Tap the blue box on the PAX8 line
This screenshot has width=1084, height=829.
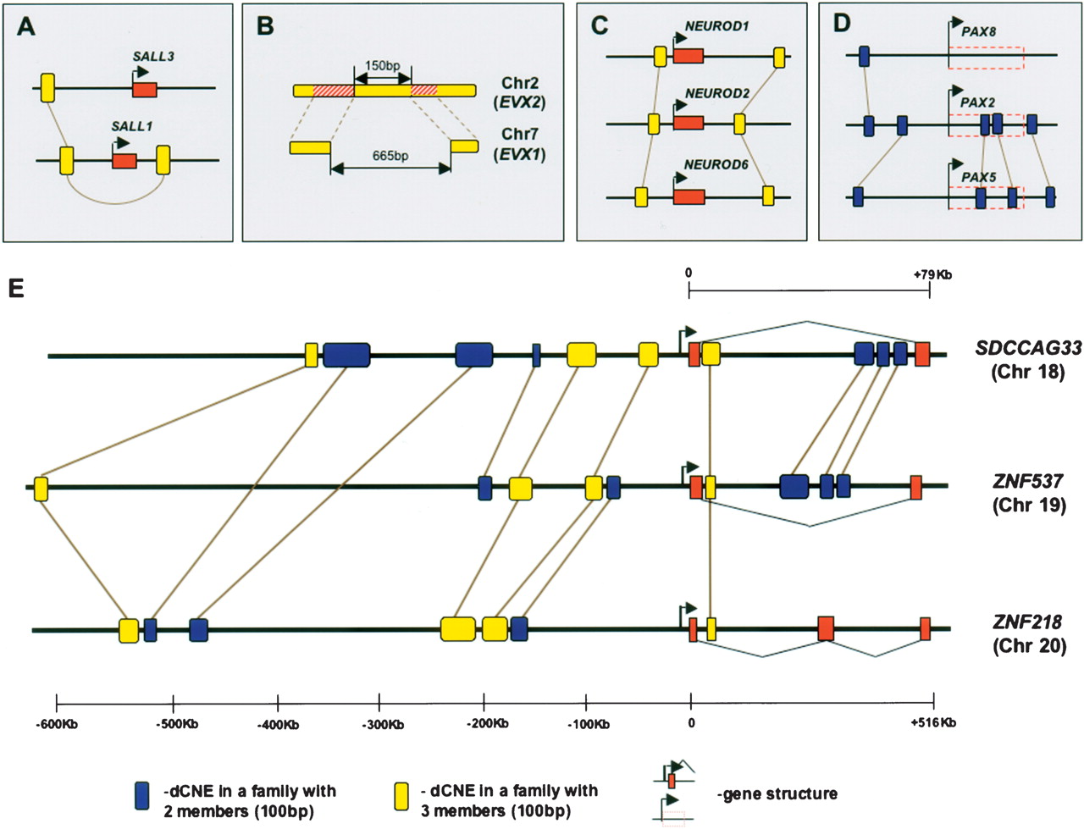coord(864,56)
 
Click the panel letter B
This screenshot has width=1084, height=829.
coord(264,26)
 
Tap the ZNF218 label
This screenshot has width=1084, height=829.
coord(1026,622)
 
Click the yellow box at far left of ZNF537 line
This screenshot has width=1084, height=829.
coord(41,488)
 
